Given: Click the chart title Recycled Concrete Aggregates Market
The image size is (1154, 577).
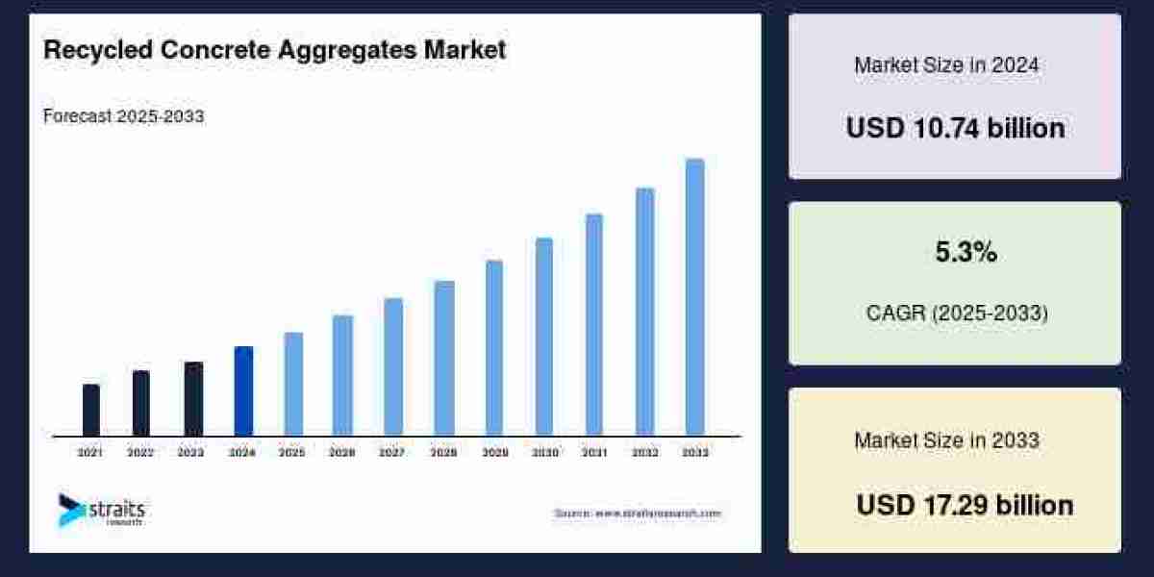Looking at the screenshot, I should coord(274,50).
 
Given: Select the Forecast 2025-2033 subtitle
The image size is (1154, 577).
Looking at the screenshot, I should coord(123,116).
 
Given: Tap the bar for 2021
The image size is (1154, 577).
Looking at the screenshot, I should coord(91,410).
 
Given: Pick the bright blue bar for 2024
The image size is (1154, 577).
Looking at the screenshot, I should coord(243,390).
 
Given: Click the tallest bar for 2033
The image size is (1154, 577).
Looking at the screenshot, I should coord(694,297).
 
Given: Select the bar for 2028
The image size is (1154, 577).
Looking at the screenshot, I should coord(443,358).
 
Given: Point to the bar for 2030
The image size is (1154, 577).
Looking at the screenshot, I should coord(544,337).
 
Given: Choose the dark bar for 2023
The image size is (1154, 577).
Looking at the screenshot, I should coord(193,398).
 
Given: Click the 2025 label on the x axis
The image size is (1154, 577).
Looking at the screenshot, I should coord(292,452).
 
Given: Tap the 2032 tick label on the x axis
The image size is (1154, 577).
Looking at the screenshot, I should coord(644,452).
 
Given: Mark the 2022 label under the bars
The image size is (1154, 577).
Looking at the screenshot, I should coord(141,452).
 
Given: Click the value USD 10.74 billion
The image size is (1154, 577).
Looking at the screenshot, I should coord(955,128).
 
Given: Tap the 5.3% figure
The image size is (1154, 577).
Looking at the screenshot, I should coord(966,253).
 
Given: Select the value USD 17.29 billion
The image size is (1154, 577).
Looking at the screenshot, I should coord(965,505).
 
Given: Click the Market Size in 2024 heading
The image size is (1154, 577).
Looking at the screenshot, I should coord(946,65).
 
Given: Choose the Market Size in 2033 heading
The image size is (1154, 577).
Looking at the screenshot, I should coord(946,440).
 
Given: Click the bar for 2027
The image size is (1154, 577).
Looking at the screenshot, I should coord(393,366).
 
